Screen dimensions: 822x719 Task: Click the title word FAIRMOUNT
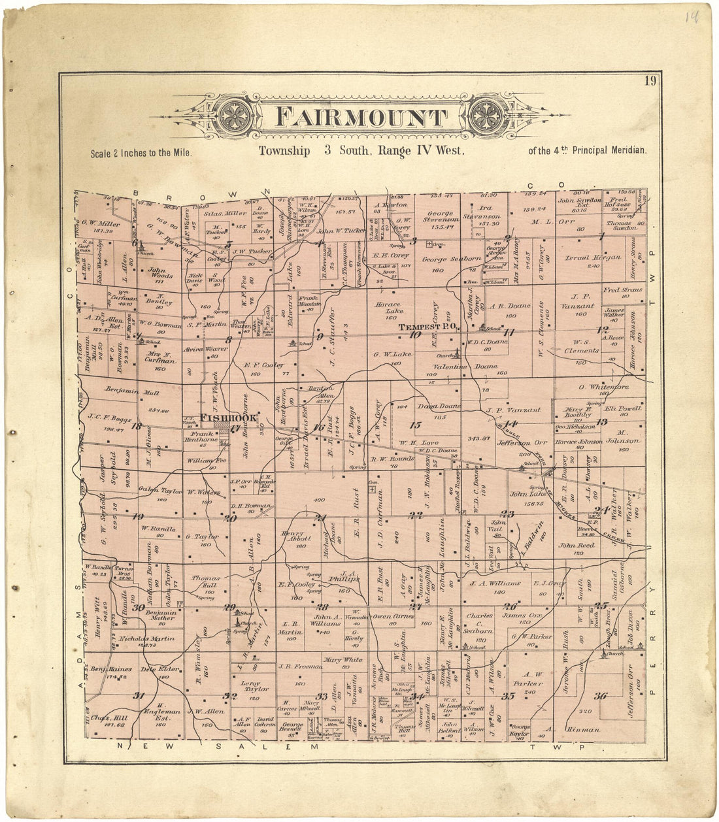click(x=361, y=117)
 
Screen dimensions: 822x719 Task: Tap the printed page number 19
click(x=650, y=81)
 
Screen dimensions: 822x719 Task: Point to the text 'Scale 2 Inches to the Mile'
click(x=141, y=153)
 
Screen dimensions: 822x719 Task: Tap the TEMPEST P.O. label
click(x=429, y=326)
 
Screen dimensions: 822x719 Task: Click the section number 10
click(x=415, y=335)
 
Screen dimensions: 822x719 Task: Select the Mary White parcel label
click(x=343, y=659)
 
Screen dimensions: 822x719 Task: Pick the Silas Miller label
click(x=225, y=213)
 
